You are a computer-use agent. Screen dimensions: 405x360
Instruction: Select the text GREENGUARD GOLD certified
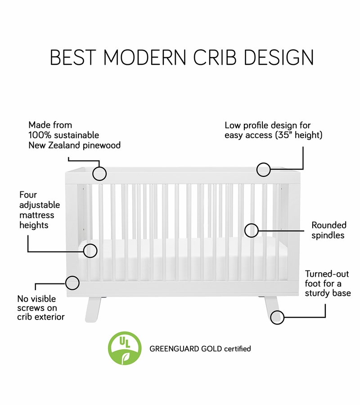[x=200, y=348]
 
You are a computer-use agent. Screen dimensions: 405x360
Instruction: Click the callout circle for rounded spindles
[x=252, y=230]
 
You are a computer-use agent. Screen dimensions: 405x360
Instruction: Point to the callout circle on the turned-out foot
[x=278, y=317]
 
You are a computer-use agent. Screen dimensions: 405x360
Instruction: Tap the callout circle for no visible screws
[x=72, y=283]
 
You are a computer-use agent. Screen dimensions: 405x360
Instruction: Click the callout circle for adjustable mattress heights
[x=90, y=251]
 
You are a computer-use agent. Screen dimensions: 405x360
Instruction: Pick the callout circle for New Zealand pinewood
[x=99, y=173]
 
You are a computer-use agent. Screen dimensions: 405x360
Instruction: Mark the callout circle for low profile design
[x=264, y=169]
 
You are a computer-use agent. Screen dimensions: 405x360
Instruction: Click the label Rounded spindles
[x=329, y=230]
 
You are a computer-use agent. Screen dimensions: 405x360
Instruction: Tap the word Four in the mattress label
[x=28, y=195]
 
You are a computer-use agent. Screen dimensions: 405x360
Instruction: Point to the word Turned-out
[x=326, y=274]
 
